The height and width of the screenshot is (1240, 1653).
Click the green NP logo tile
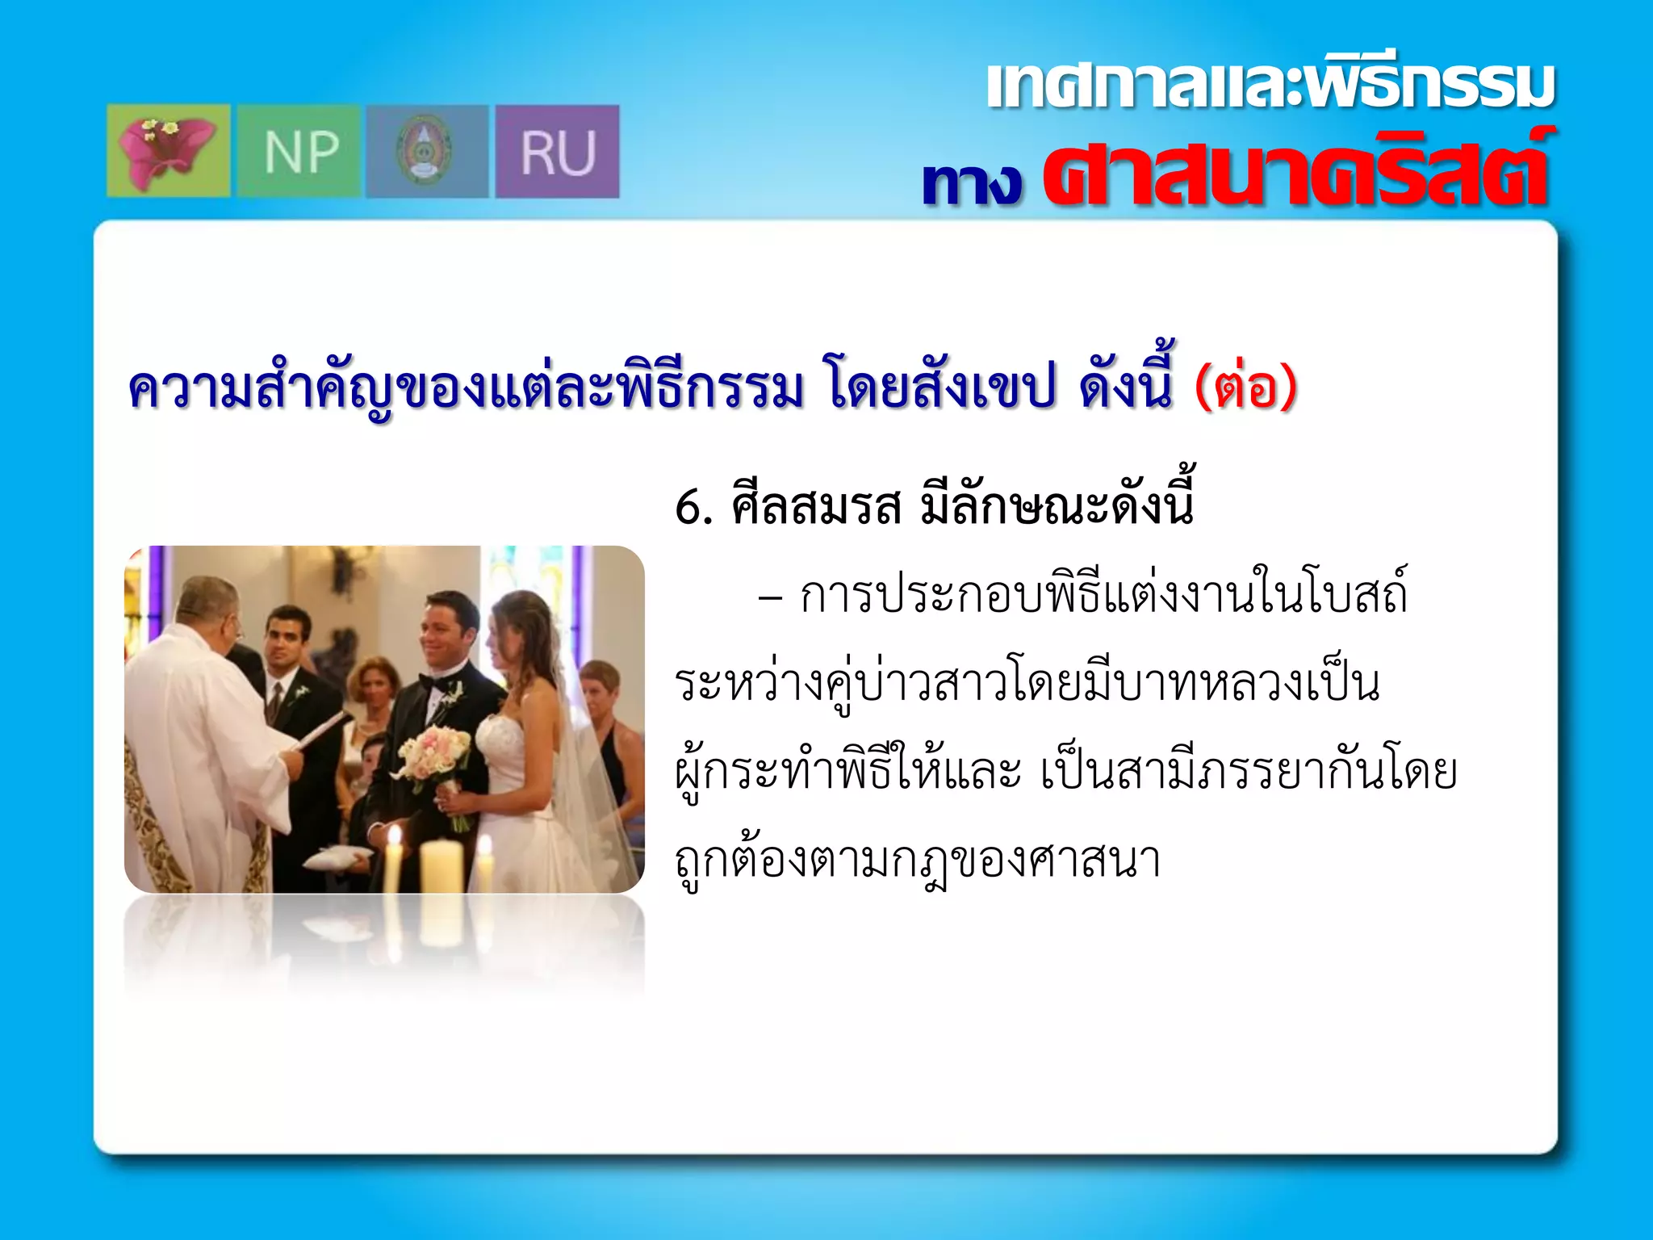click(x=299, y=152)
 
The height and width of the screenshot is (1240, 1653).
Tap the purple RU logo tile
click(x=557, y=152)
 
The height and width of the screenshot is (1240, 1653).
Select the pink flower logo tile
click(x=168, y=152)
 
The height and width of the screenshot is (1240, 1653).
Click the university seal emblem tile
click(x=427, y=152)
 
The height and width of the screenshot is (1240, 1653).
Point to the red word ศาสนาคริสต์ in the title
click(x=1295, y=172)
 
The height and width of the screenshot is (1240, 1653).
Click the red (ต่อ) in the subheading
click(x=1245, y=387)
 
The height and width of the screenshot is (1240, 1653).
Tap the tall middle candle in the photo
click(x=442, y=865)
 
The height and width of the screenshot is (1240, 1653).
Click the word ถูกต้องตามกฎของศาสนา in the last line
click(x=918, y=861)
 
